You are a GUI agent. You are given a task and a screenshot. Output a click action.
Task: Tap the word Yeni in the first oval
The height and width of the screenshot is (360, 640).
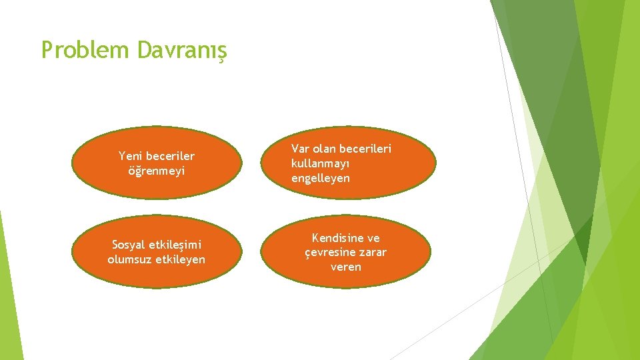click(x=131, y=156)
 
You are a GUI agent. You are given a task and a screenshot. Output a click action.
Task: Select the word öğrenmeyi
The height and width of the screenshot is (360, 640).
click(x=157, y=171)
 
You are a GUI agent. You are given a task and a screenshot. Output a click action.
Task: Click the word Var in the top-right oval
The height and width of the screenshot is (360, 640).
click(x=301, y=149)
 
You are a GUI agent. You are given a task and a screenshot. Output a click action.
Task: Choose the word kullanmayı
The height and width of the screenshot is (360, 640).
click(x=321, y=163)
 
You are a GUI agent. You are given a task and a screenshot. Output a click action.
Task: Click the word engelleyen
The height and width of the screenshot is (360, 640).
click(x=321, y=178)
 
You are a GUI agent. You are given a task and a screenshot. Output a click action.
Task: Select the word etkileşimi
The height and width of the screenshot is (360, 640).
click(x=175, y=245)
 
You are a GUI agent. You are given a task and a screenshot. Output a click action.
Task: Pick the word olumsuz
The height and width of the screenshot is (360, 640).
click(x=130, y=259)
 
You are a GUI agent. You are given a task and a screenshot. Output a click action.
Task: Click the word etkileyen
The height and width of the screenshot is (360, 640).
click(x=180, y=259)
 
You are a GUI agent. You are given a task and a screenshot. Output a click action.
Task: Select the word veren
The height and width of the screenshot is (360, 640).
click(x=346, y=267)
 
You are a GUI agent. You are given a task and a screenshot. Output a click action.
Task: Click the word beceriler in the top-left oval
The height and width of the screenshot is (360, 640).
click(x=171, y=156)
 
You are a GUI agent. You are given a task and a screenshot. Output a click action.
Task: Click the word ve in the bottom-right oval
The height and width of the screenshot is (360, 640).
click(x=373, y=238)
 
